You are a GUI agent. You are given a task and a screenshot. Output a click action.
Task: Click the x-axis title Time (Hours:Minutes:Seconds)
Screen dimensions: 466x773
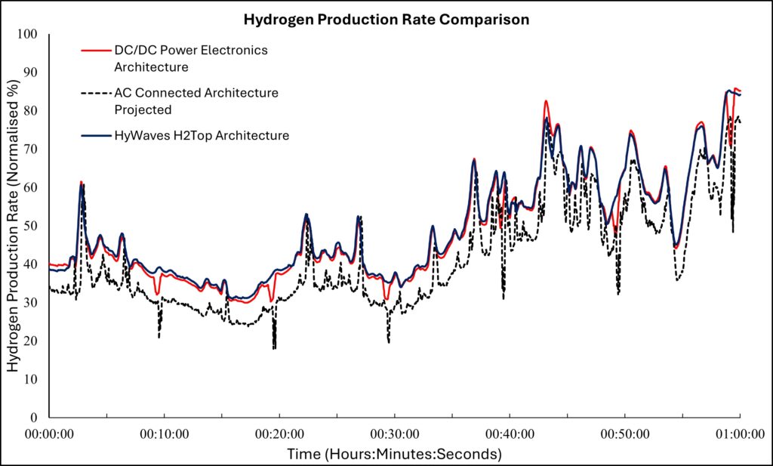(x=393, y=454)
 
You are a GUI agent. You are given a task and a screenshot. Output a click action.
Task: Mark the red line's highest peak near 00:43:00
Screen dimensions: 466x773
(x=546, y=101)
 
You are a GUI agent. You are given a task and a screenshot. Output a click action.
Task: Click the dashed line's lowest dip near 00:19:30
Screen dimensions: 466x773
(x=274, y=347)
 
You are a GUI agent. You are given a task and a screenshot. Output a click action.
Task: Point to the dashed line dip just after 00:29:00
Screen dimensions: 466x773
(x=389, y=341)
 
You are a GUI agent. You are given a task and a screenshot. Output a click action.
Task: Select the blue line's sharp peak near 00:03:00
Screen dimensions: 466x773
(x=82, y=185)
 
